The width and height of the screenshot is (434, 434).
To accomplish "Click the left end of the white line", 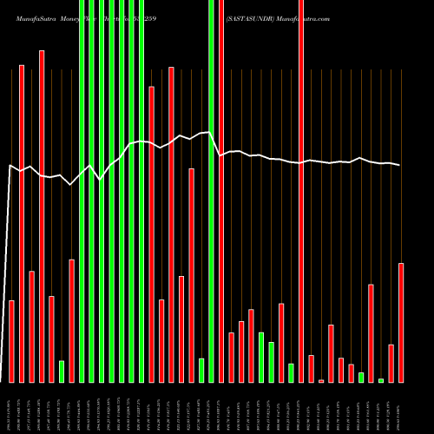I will (x=9, y=165).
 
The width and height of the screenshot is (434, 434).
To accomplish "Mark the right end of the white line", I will (x=400, y=165).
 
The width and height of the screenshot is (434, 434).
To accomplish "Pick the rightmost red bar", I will (x=401, y=322).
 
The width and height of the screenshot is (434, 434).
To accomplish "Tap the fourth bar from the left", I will (x=42, y=216).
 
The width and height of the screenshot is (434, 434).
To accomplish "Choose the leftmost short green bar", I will (x=62, y=372).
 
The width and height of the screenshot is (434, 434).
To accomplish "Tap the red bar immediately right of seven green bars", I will (x=151, y=234).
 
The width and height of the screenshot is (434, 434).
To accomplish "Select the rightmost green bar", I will (x=381, y=380).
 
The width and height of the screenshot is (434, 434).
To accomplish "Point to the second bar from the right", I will (x=391, y=364).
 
